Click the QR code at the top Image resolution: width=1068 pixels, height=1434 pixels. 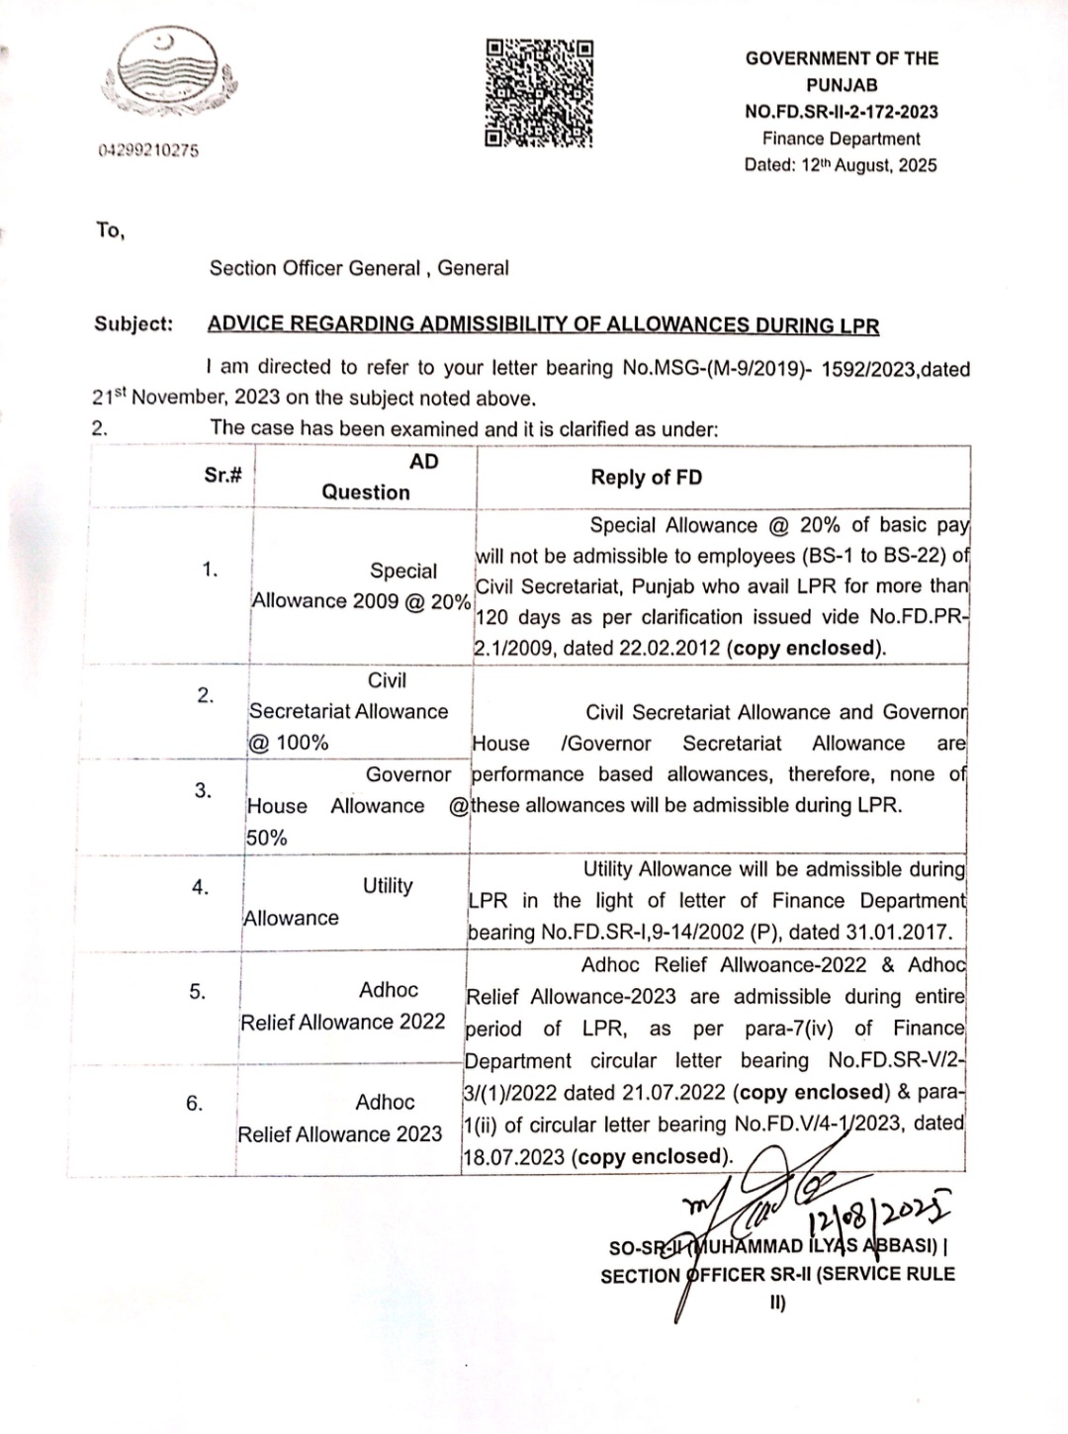539,93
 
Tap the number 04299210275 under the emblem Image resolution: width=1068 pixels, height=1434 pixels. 148,150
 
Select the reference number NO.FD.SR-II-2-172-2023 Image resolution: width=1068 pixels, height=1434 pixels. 841,112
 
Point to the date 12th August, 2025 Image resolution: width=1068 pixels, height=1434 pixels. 867,165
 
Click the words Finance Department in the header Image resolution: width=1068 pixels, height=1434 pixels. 841,138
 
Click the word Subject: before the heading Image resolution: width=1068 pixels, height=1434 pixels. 133,323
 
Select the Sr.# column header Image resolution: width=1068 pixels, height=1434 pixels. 223,475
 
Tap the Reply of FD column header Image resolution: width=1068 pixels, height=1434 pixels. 646,477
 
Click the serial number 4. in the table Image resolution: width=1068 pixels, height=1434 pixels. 201,887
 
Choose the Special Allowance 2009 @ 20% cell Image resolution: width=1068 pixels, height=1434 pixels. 362,585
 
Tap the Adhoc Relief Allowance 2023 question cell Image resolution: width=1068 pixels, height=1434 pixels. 341,1119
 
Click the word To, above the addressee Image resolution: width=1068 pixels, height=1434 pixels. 110,230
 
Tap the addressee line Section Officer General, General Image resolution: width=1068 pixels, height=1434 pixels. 359,268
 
